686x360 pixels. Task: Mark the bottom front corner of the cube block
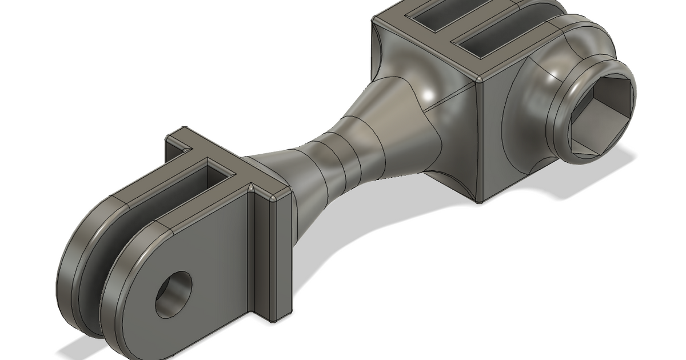point(479,201)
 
